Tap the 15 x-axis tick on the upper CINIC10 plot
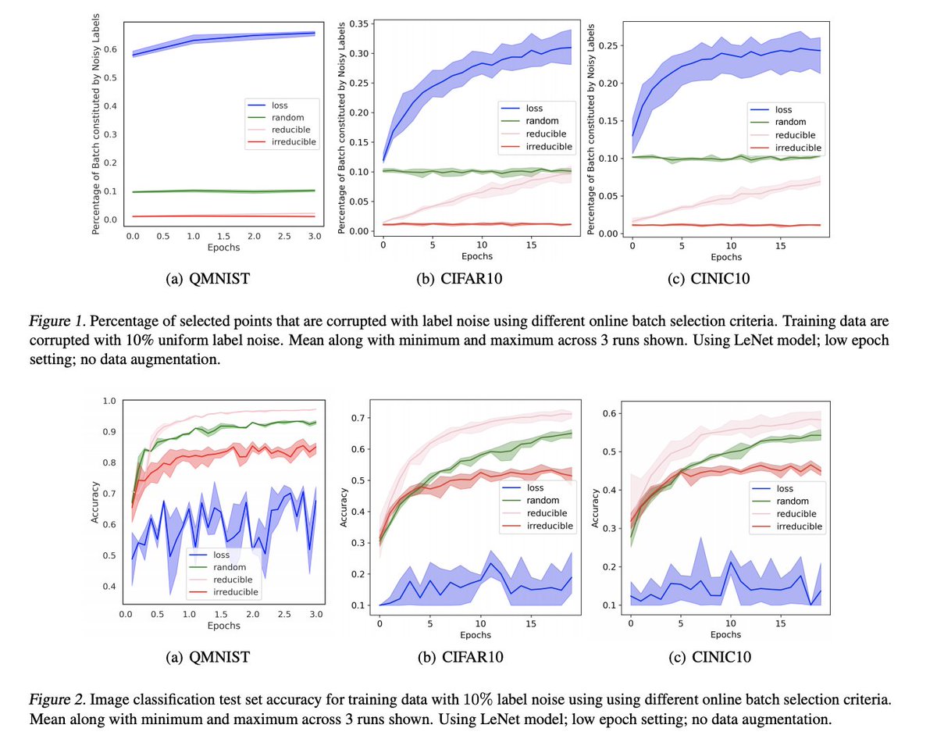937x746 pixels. (x=780, y=245)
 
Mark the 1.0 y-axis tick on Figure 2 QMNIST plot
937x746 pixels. (x=111, y=401)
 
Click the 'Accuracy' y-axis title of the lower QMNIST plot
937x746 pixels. (x=94, y=501)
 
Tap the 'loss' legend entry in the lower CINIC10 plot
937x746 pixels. (x=784, y=488)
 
